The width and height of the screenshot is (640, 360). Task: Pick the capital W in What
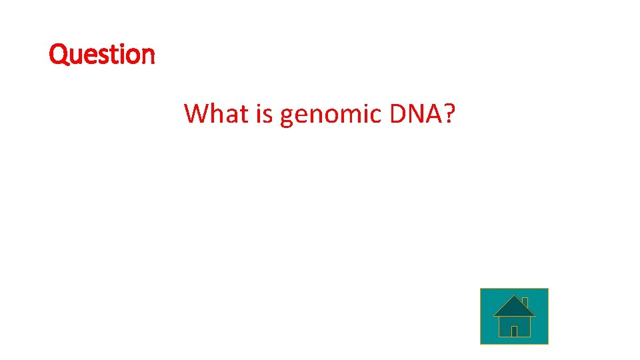pos(196,113)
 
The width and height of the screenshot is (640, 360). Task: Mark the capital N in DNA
pos(413,113)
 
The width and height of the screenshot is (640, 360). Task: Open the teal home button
pos(514,316)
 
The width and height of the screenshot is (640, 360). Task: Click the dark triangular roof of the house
pos(513,307)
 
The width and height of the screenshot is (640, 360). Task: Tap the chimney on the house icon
pos(525,301)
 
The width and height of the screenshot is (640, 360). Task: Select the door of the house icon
pos(514,331)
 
